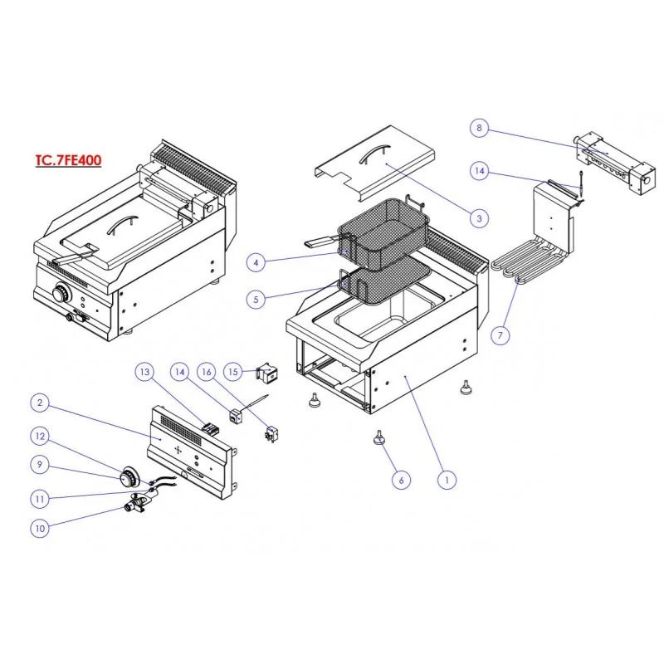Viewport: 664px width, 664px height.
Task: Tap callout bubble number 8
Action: [x=479, y=128]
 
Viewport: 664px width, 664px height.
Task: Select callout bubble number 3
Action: [x=478, y=218]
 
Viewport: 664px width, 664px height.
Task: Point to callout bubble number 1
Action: [x=447, y=479]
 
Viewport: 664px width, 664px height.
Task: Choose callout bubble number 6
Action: [x=400, y=479]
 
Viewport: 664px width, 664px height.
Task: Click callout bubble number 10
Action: [x=40, y=528]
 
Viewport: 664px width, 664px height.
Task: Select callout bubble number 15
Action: [x=233, y=371]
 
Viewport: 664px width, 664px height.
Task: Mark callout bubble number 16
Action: [x=207, y=371]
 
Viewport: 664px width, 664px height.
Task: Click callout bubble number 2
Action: [x=40, y=403]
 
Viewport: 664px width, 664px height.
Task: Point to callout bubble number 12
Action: [x=40, y=435]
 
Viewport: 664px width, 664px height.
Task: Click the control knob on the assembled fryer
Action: [x=61, y=293]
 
